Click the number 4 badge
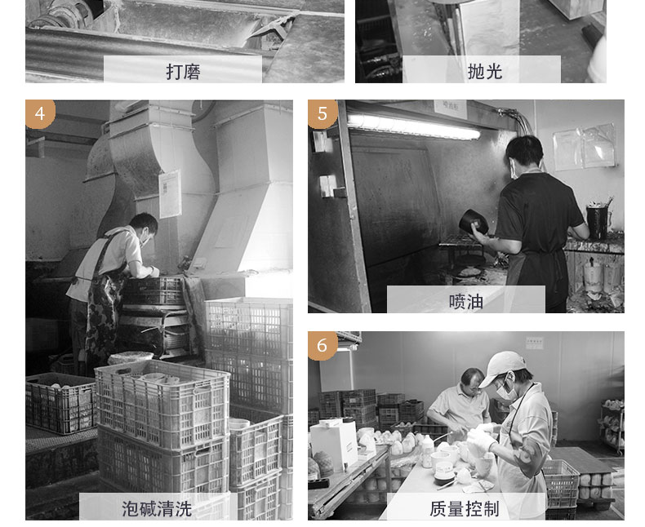[40, 113]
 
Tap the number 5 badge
[322, 113]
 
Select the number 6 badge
[322, 345]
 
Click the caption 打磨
[183, 72]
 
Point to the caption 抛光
[485, 72]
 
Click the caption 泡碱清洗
[157, 508]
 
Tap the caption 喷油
[465, 301]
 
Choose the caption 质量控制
[465, 508]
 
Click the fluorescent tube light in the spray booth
[414, 126]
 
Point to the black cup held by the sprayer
[474, 222]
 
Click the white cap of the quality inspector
[503, 367]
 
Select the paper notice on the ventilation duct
[170, 194]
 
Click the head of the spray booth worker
[523, 155]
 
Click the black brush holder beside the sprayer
[598, 222]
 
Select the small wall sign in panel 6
[534, 343]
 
